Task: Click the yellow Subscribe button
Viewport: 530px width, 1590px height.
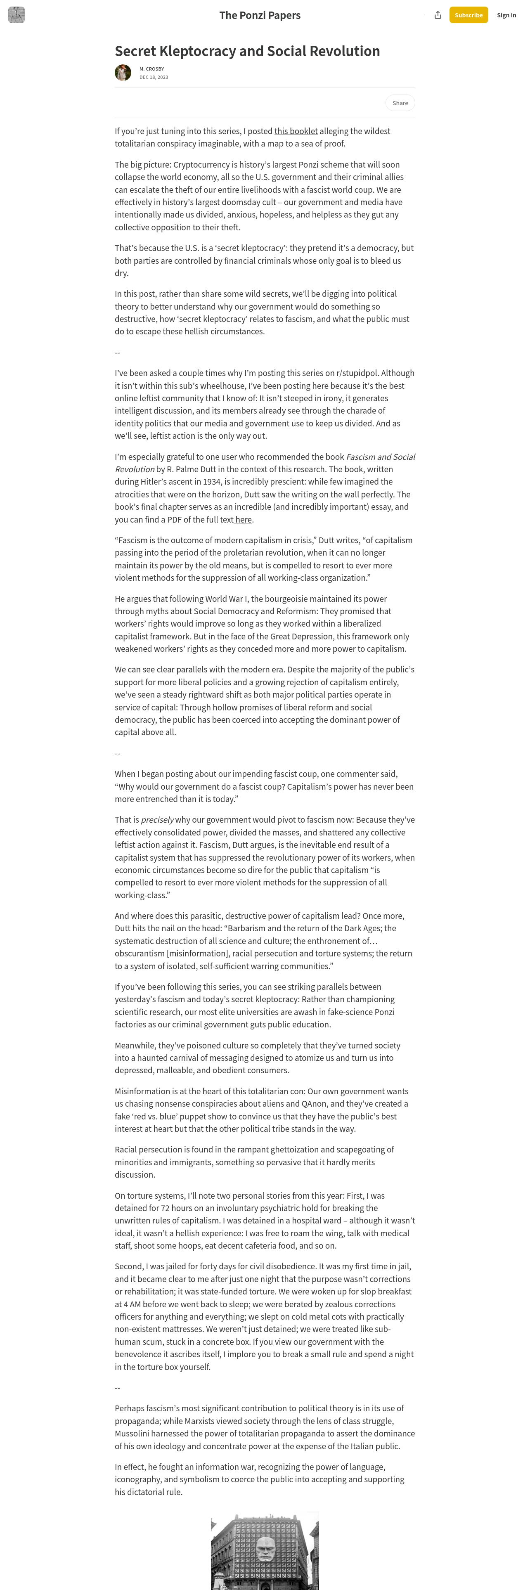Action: [468, 15]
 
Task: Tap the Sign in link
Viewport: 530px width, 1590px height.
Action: [506, 15]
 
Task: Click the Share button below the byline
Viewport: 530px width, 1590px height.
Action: [400, 103]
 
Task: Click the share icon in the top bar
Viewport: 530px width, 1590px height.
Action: [438, 15]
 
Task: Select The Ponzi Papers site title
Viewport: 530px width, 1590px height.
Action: [260, 15]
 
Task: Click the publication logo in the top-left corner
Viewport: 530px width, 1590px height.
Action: [17, 15]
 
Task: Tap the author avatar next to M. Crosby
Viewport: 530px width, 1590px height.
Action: [123, 73]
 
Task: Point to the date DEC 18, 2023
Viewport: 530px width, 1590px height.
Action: [154, 77]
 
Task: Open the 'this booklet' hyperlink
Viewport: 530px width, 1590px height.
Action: [296, 131]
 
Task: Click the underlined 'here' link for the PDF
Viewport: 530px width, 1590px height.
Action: [243, 519]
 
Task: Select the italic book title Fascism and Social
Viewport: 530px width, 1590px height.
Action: [380, 457]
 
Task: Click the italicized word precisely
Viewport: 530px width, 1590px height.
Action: [157, 820]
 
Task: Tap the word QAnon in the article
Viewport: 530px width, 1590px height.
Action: [367, 1104]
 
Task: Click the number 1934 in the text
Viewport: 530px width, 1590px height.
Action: [213, 481]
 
